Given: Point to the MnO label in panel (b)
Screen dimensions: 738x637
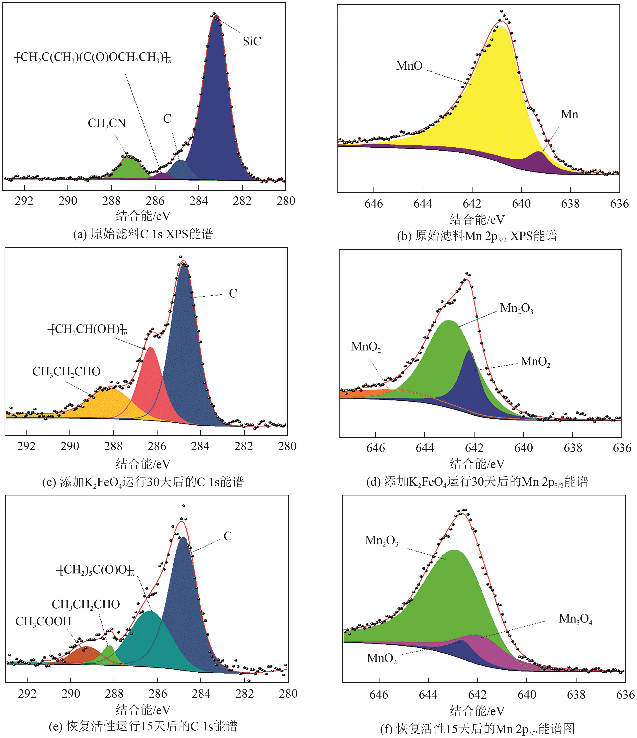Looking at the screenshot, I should (x=409, y=66).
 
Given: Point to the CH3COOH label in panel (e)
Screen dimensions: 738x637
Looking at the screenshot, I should (x=44, y=622).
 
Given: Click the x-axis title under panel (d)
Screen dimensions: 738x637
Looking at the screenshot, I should (x=477, y=464).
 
